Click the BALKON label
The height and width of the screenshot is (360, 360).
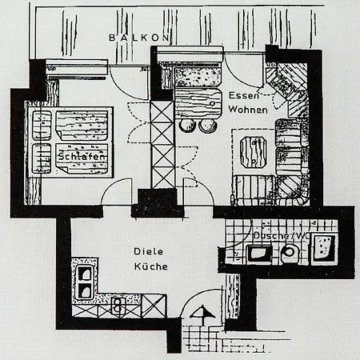click(139, 38)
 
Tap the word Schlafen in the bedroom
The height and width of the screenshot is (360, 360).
click(82, 156)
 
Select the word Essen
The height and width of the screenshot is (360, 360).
click(244, 95)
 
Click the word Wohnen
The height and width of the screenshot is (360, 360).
click(248, 110)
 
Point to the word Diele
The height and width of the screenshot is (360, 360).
click(148, 251)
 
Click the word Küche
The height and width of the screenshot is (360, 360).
click(150, 266)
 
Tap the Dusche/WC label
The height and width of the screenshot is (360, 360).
click(282, 235)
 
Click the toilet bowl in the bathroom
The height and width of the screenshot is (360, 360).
click(289, 253)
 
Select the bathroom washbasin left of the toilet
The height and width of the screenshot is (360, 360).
click(259, 254)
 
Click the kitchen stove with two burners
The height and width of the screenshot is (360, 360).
click(118, 305)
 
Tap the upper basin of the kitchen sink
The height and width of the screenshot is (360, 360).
click(85, 274)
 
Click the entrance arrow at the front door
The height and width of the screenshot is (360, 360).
click(202, 315)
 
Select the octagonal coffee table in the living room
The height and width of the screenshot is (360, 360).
click(254, 152)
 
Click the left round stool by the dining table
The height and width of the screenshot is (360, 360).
click(187, 125)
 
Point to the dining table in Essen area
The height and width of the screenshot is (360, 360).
click(198, 103)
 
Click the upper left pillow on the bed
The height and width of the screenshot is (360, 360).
click(42, 126)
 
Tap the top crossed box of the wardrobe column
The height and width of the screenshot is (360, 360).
click(162, 109)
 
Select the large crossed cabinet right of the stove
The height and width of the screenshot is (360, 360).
click(154, 306)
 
